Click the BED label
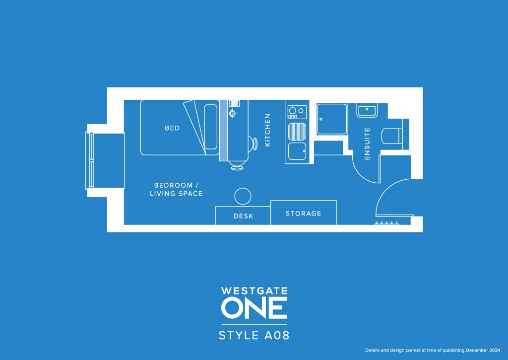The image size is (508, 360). pos(172,128)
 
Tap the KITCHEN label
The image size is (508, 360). pos(268,130)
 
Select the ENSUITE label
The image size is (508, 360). pos(368,144)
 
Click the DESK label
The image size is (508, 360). pos(243,216)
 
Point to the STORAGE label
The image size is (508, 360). pos(303,214)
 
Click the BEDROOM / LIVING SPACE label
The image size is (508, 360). pos(176,189)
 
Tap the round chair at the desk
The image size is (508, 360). pos(243,196)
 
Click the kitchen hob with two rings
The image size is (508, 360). pos(297,111)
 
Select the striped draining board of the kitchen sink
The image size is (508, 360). pos(297,132)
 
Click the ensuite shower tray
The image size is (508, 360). pos(332,119)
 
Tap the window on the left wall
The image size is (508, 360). pos(90,160)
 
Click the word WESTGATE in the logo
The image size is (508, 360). pos(254,290)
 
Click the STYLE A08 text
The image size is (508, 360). pos(254,335)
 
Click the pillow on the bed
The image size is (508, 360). pos(211,127)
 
